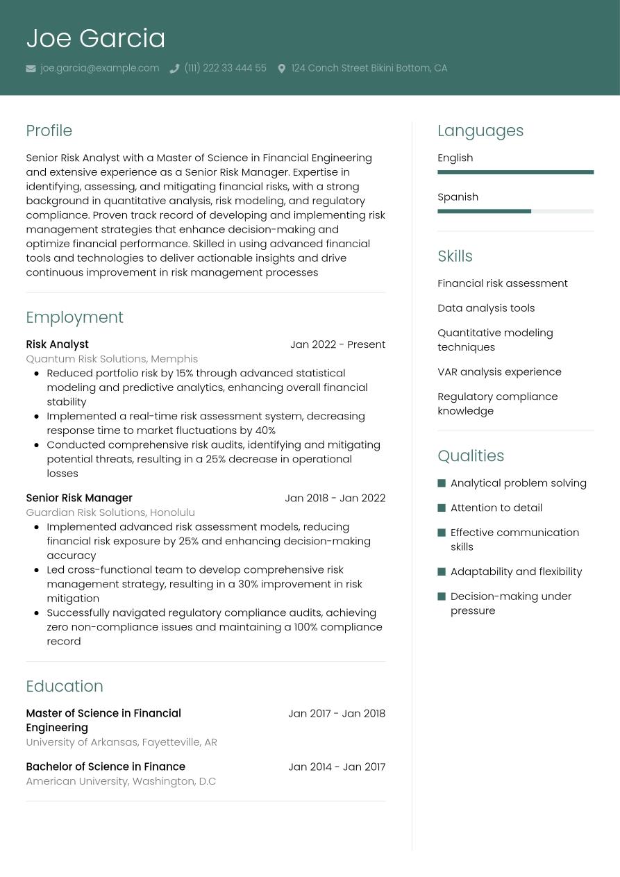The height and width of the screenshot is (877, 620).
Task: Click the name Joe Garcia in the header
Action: (x=96, y=38)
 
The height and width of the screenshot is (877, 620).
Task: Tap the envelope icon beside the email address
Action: (x=31, y=69)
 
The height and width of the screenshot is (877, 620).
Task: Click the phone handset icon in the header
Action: (x=174, y=69)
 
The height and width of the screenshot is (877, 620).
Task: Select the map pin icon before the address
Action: (x=281, y=69)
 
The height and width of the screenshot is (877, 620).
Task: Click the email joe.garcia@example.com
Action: (x=99, y=68)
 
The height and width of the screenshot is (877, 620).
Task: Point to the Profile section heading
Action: (x=49, y=131)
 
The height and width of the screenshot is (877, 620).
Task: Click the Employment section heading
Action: (x=74, y=317)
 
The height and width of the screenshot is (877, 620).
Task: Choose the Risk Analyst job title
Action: (x=57, y=344)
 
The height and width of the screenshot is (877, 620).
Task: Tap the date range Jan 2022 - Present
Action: (x=337, y=344)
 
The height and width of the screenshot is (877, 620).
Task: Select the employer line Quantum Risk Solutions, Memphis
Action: (x=112, y=359)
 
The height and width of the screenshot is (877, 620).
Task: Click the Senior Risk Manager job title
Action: (x=78, y=498)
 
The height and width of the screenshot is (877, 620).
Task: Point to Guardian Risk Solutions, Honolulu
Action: (x=110, y=512)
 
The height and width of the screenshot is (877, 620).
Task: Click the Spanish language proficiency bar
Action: (x=515, y=211)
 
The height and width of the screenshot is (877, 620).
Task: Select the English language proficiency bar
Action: (x=515, y=172)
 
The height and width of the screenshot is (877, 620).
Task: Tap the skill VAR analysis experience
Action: (x=499, y=371)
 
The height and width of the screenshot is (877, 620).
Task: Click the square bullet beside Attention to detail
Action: (x=442, y=508)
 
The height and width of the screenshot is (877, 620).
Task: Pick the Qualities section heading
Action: (x=471, y=456)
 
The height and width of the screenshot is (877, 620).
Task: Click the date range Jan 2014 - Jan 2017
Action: (x=337, y=767)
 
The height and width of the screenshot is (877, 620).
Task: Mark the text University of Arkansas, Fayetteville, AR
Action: (x=122, y=742)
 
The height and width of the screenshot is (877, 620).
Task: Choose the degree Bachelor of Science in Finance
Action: (x=106, y=767)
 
